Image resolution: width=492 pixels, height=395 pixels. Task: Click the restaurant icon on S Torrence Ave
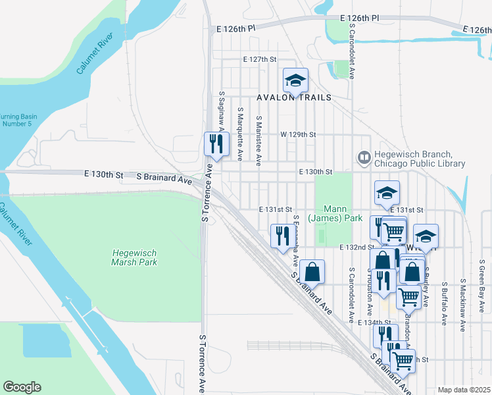pos(216,144)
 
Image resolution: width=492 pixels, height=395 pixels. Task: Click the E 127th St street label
pos(258,59)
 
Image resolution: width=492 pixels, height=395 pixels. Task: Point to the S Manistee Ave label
pos(259,140)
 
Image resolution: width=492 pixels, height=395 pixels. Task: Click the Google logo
pos(22,387)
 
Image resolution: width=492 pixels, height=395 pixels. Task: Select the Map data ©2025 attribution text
pos(464,390)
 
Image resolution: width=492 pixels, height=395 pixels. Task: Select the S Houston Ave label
pos(370,294)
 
